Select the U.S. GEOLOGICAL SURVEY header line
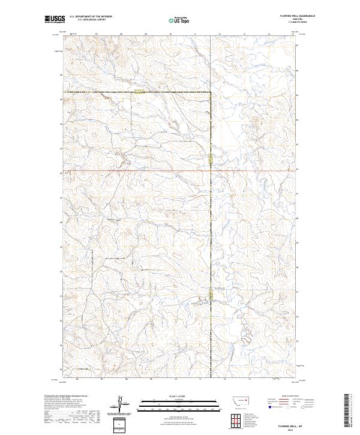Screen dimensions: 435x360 [x=88, y=20]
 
